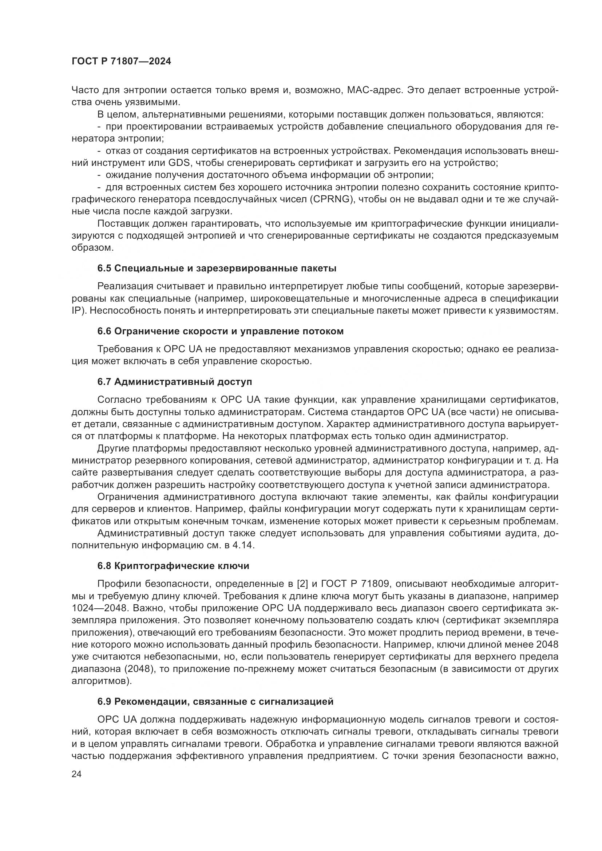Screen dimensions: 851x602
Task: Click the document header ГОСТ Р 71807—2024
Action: (x=121, y=61)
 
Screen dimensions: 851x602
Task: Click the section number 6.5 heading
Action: (x=104, y=269)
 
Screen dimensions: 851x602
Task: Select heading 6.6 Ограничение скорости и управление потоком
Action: (x=220, y=331)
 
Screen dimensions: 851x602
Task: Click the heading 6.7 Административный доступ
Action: (x=175, y=382)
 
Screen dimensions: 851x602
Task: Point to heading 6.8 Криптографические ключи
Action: (x=173, y=566)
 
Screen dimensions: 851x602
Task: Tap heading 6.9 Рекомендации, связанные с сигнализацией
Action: (x=215, y=701)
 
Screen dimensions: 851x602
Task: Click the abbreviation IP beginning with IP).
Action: (x=77, y=311)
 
